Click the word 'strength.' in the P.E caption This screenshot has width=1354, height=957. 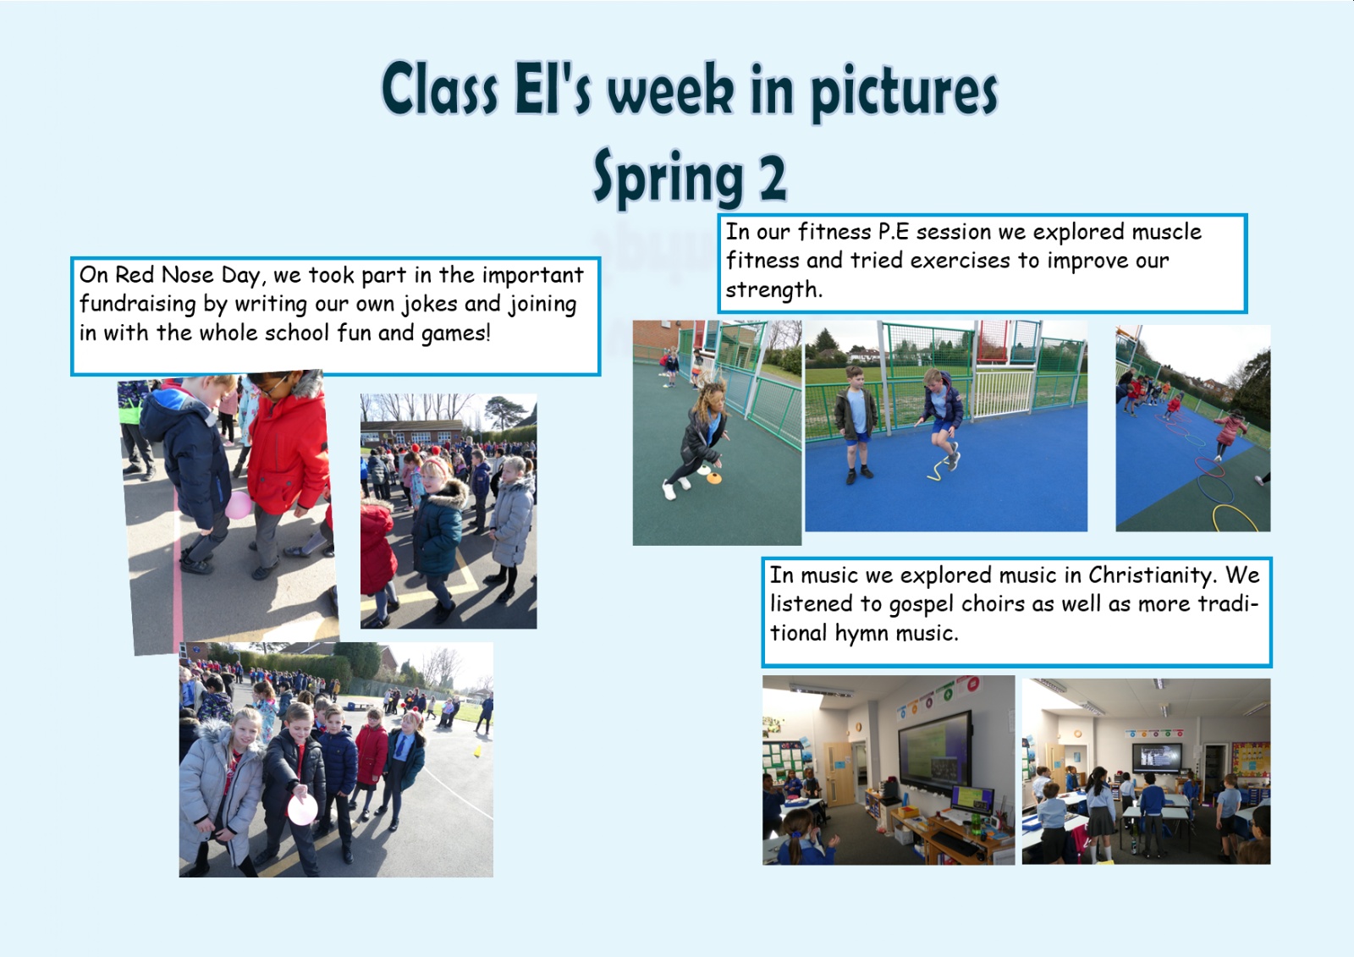(x=773, y=290)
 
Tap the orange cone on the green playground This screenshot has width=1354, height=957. (x=714, y=479)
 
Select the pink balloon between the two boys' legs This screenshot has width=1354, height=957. (x=239, y=505)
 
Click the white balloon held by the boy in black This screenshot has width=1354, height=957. (x=302, y=810)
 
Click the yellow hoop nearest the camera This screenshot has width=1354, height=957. (x=1235, y=519)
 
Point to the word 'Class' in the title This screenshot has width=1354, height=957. (x=440, y=90)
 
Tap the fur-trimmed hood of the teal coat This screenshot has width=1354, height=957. (x=448, y=492)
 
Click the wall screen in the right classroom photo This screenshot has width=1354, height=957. (x=1157, y=757)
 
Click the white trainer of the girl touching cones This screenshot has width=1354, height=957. (x=669, y=490)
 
